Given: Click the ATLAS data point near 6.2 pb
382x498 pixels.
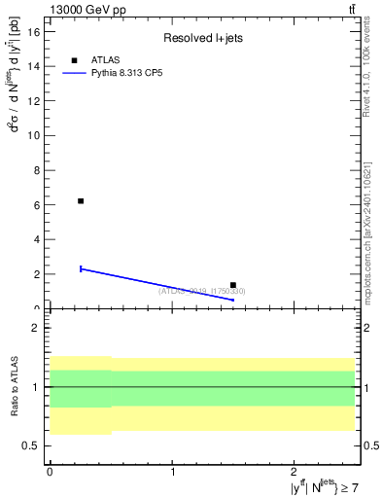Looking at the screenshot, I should pyautogui.click(x=81, y=201).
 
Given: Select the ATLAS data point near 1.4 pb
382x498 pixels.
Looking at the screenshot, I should pyautogui.click(x=233, y=285).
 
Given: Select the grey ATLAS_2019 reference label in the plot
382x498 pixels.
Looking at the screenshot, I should pyautogui.click(x=202, y=291).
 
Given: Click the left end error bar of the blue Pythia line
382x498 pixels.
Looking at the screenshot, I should pyautogui.click(x=81, y=268).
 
